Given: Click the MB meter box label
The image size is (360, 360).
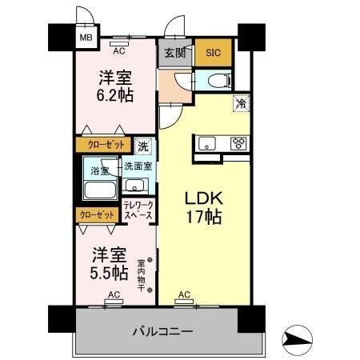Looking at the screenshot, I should [x=83, y=36].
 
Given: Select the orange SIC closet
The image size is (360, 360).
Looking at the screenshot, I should [x=213, y=54].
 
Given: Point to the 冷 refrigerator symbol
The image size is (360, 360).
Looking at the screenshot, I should [x=239, y=102].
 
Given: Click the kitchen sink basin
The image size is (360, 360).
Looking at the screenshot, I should [x=206, y=144].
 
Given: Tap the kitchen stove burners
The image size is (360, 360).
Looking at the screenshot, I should [x=238, y=144].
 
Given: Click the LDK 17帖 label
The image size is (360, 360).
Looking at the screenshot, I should [x=204, y=206].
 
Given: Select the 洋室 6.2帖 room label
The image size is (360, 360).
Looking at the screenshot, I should [x=116, y=86].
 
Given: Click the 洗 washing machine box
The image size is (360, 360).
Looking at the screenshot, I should [x=142, y=146].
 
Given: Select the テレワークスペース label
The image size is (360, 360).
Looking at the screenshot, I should [x=139, y=211].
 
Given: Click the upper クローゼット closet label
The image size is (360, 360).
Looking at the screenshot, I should [x=100, y=146].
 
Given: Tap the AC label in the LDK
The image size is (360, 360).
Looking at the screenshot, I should [x=184, y=295].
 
